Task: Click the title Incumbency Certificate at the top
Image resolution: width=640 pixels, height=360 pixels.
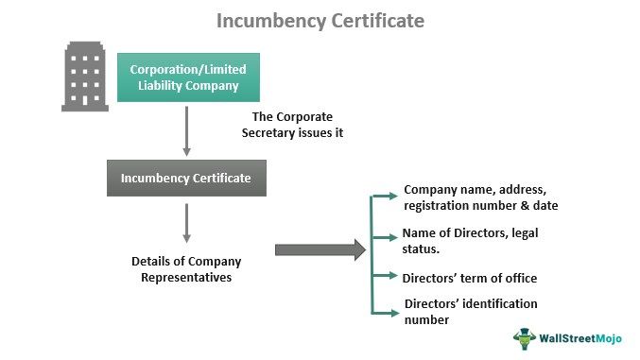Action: (320, 20)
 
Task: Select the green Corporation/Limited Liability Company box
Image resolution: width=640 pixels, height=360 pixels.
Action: (186, 77)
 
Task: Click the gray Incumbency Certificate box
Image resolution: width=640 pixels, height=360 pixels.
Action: (186, 178)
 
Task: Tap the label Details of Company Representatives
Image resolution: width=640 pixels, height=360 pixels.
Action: (185, 268)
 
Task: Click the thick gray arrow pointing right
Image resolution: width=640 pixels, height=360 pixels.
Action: (320, 249)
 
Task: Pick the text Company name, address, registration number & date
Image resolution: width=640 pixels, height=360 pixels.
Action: (479, 197)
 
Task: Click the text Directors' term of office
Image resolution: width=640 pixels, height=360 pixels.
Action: (469, 278)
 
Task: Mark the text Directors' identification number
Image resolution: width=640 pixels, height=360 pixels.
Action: (470, 311)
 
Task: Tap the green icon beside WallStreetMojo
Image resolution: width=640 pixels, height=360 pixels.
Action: (526, 338)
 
